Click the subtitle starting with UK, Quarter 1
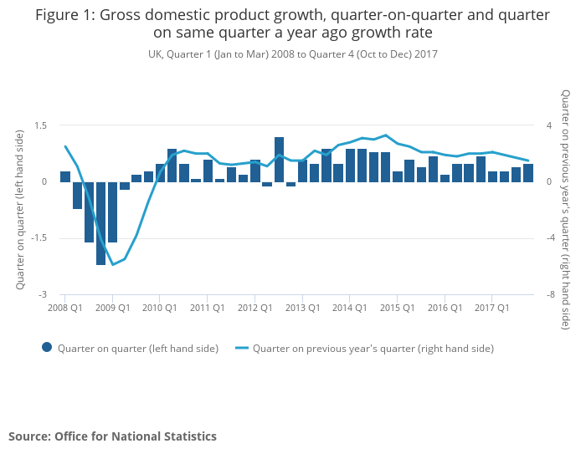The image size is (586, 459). click(292, 54)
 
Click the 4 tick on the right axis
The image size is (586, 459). click(549, 125)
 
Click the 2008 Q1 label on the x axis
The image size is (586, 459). click(64, 308)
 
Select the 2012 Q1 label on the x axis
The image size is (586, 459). click(255, 308)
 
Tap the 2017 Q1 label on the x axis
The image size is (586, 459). click(493, 308)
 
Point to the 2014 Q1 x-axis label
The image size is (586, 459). click(350, 308)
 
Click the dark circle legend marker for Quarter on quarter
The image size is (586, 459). click(47, 348)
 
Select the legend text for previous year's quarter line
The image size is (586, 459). click(373, 349)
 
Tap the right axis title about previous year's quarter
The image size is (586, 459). click(566, 209)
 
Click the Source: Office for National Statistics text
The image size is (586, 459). click(112, 436)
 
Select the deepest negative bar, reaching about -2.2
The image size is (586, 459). click(100, 223)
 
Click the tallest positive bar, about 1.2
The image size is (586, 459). click(279, 160)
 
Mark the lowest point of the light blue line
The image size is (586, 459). click(112, 265)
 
